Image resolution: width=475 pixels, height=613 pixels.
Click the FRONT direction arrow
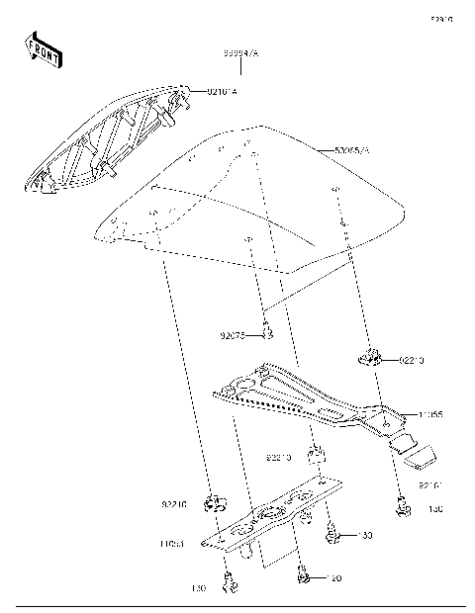(43, 50)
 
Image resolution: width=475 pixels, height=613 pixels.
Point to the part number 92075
(234, 335)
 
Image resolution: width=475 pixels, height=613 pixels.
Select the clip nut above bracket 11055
(371, 359)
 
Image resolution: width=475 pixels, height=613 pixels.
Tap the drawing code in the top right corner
(439, 18)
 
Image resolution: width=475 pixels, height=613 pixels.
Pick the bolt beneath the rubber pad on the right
(401, 509)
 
